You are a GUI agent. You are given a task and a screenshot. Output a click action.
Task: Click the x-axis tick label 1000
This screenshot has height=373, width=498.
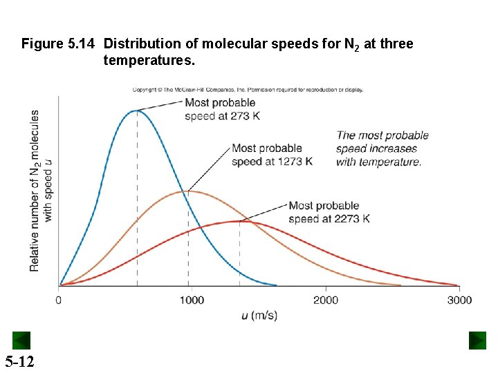[x=192, y=300]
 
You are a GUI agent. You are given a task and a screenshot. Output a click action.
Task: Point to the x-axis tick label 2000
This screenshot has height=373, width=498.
[x=326, y=300]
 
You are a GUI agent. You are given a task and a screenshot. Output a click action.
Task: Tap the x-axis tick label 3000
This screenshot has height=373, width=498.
[x=459, y=300]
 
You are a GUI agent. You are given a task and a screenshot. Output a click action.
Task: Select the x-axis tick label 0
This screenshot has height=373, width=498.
[x=58, y=300]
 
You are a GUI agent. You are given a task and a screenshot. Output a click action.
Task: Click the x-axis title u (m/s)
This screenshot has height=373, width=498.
[x=259, y=316]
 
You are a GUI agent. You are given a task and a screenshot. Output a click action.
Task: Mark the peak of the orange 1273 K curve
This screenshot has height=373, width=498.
[x=188, y=191]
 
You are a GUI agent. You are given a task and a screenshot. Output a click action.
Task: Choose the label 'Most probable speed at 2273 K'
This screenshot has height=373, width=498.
[x=329, y=212]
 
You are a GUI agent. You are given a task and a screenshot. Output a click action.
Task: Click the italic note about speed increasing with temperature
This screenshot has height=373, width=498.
[x=382, y=149]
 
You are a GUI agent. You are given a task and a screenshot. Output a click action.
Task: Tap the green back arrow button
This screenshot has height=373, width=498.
[x=21, y=340]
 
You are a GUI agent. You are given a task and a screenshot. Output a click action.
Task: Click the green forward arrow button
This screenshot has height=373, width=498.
[x=477, y=340]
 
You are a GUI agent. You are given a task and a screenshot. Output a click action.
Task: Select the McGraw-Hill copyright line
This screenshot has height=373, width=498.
[x=248, y=89]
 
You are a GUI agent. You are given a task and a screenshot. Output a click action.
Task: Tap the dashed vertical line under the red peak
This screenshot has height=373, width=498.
[x=240, y=256]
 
